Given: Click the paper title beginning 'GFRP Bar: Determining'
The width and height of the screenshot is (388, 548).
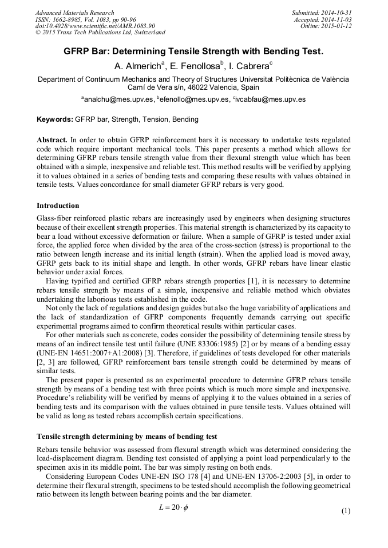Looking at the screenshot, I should point(193,51).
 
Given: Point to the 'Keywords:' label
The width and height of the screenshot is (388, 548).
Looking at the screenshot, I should point(55,119).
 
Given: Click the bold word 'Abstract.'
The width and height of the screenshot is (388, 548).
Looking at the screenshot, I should point(52,140).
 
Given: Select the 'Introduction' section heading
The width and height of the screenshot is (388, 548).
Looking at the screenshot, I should point(58,206).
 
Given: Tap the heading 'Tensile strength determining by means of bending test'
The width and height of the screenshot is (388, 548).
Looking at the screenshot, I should point(126,437).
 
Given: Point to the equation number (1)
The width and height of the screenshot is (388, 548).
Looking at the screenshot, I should point(345,511).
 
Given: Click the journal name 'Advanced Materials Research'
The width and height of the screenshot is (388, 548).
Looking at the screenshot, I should point(74,13).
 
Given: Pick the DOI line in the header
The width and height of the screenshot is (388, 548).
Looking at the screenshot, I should point(94,26).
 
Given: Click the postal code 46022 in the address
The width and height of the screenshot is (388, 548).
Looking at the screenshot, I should point(189,88).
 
